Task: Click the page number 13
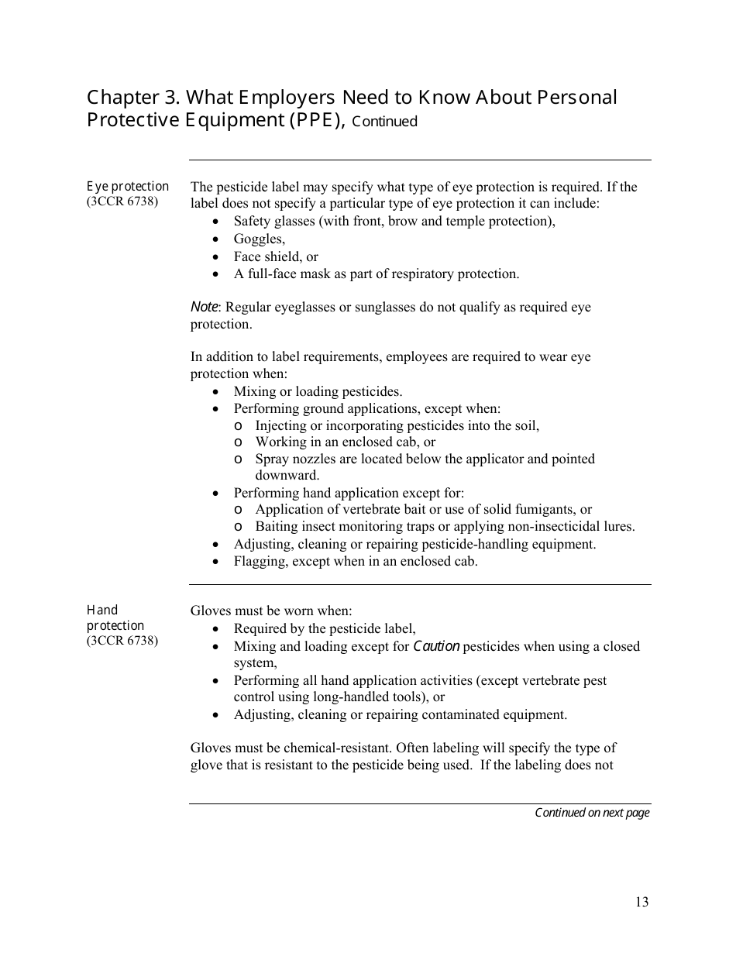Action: coord(641,902)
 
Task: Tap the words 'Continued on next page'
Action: coord(592,813)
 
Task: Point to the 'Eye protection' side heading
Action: coord(127,187)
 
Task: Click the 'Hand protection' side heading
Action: coord(115,618)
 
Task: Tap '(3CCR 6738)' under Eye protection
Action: coord(122,202)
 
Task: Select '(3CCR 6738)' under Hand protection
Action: coord(122,641)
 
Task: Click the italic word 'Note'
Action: coord(205,307)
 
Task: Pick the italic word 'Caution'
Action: coord(436,646)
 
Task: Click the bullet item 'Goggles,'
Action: coord(260,239)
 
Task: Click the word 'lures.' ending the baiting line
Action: coord(617,527)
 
